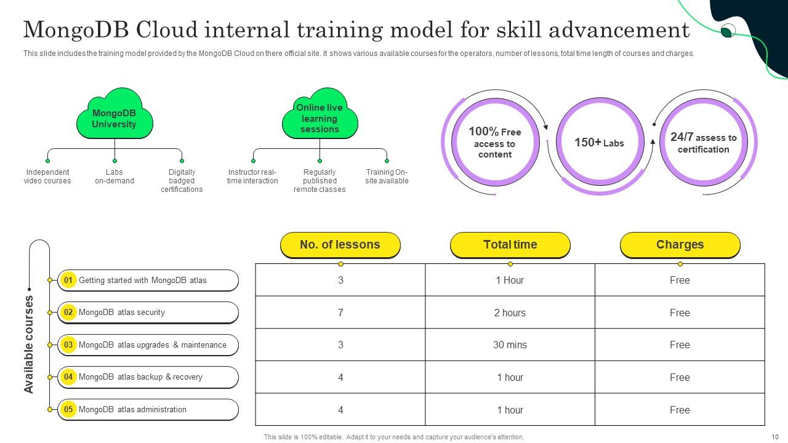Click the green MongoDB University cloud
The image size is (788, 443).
pyautogui.click(x=114, y=117)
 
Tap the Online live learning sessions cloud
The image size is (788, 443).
pyautogui.click(x=320, y=117)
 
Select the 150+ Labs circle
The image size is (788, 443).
pyautogui.click(x=599, y=143)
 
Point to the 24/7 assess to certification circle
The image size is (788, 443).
pyautogui.click(x=703, y=143)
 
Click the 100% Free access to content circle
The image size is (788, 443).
pyautogui.click(x=495, y=143)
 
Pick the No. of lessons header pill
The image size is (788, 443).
pyautogui.click(x=340, y=245)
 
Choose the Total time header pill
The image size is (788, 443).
pyautogui.click(x=510, y=245)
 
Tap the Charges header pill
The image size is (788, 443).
pyautogui.click(x=680, y=245)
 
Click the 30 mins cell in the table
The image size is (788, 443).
pyautogui.click(x=510, y=345)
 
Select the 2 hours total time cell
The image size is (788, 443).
pyautogui.click(x=510, y=313)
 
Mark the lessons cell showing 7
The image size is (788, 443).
pyautogui.click(x=340, y=313)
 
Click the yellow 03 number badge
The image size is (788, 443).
pyautogui.click(x=68, y=345)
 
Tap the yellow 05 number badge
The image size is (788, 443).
pyautogui.click(x=68, y=409)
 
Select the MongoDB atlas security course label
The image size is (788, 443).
pyautogui.click(x=122, y=313)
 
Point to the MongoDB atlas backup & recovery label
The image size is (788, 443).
pyautogui.click(x=140, y=377)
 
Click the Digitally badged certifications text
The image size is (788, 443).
pyautogui.click(x=182, y=181)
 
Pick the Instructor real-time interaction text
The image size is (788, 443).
pyautogui.click(x=252, y=177)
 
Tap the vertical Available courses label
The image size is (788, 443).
pyautogui.click(x=29, y=345)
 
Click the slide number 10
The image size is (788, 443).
pyautogui.click(x=775, y=437)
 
